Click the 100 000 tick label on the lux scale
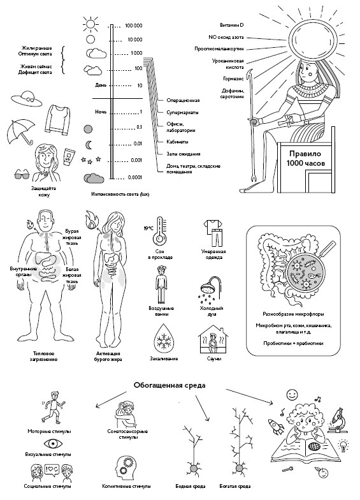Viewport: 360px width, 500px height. pos(134,26)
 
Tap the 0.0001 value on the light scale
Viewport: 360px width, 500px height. pos(135,177)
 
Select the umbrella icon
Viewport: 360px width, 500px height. pos(21,131)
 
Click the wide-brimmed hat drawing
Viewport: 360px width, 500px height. pos(27,99)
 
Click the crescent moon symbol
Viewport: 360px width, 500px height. pos(89,145)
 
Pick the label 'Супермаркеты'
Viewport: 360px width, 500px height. pos(182,112)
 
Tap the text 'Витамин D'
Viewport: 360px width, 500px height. pos(232,25)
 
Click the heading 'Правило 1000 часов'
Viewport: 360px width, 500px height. pos(305,158)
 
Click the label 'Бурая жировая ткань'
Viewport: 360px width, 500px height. pos(71,237)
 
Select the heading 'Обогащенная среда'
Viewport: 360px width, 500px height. pos(169,385)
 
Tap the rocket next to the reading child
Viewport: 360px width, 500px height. pos(277,427)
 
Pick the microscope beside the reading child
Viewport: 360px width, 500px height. pos(338,420)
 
